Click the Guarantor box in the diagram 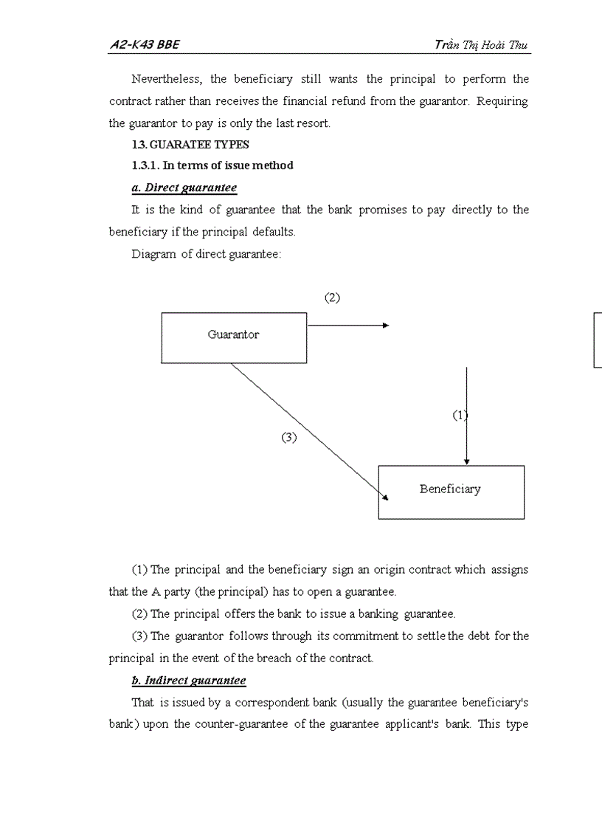pyautogui.click(x=234, y=337)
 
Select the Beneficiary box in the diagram pyautogui.click(x=451, y=492)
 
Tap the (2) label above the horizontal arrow pyautogui.click(x=333, y=297)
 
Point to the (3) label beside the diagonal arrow pyautogui.click(x=288, y=437)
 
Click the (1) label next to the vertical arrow pyautogui.click(x=460, y=415)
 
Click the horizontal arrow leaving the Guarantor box pyautogui.click(x=347, y=325)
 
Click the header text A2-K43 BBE pyautogui.click(x=145, y=45)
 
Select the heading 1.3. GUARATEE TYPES pyautogui.click(x=190, y=145)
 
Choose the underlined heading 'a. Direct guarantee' pyautogui.click(x=184, y=188)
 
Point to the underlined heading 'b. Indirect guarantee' pyautogui.click(x=189, y=680)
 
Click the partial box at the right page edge pyautogui.click(x=598, y=340)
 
